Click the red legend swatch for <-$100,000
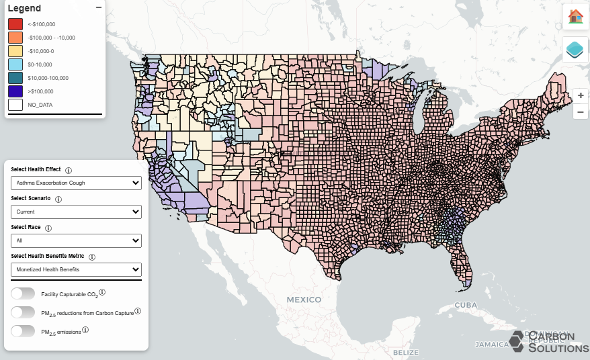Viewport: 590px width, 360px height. pos(15,24)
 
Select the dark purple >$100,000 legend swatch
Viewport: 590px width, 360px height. pos(15,91)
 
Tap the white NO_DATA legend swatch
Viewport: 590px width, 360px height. pos(15,104)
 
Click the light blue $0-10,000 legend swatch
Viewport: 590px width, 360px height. pos(15,64)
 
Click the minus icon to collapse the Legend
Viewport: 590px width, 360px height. pos(99,7)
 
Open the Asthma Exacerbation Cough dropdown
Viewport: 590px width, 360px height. pos(76,183)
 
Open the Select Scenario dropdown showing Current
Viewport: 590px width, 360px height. pos(76,212)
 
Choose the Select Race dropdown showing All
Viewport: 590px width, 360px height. pos(76,240)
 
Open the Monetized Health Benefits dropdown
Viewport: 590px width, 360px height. pos(76,269)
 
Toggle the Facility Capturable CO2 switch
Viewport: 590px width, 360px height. pos(23,294)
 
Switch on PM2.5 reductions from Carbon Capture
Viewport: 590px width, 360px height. pos(23,312)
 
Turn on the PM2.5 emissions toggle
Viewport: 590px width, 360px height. pos(23,331)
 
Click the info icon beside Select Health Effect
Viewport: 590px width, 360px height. pos(69,171)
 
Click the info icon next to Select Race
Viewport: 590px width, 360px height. pos(48,228)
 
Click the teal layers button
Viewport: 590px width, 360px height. pos(575,50)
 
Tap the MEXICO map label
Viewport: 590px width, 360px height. pos(304,300)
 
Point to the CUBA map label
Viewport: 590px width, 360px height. pos(465,305)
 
